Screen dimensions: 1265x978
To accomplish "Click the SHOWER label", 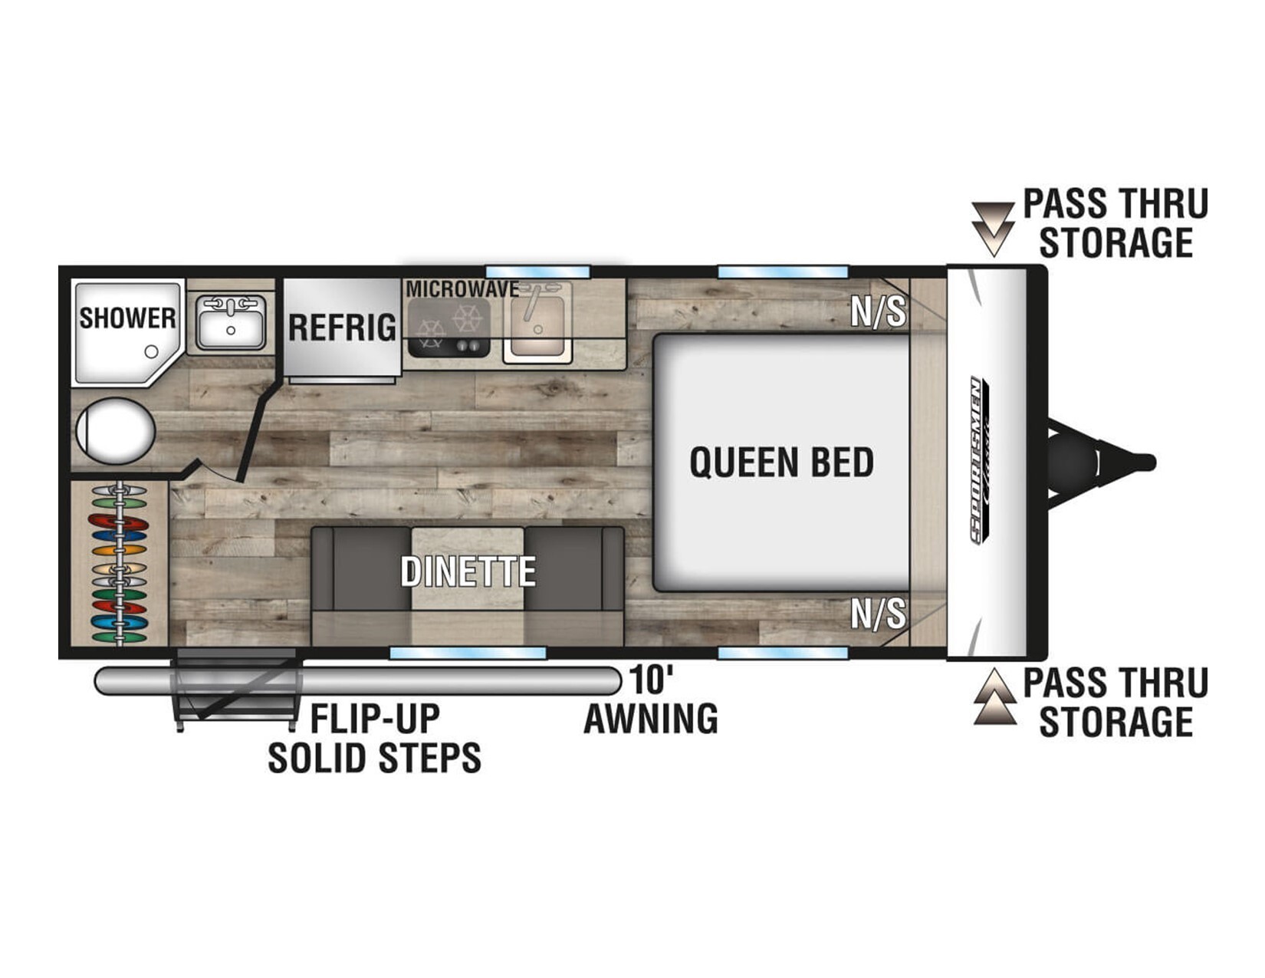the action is tap(127, 318).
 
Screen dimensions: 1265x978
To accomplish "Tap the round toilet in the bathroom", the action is tap(116, 431).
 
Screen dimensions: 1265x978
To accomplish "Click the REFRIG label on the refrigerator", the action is tap(342, 328).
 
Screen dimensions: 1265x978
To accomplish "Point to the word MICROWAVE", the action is tap(462, 289).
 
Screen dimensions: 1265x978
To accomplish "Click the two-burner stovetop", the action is tap(449, 328).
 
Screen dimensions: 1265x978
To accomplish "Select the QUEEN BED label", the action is tap(782, 463).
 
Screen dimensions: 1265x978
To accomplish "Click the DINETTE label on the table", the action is tap(468, 571).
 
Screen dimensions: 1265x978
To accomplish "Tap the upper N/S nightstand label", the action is tap(879, 311).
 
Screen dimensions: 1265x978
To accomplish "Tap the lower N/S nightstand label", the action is tap(879, 614).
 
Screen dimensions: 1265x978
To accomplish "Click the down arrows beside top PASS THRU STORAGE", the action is tap(993, 229).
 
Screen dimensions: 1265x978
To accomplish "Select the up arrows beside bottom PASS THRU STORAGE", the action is tap(995, 696).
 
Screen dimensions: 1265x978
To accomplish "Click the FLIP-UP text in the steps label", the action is tap(375, 719).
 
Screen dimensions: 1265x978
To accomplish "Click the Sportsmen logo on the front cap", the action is tap(980, 460).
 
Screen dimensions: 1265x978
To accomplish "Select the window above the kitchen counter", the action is tap(538, 272).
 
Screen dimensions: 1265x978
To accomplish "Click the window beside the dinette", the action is tap(468, 653).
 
